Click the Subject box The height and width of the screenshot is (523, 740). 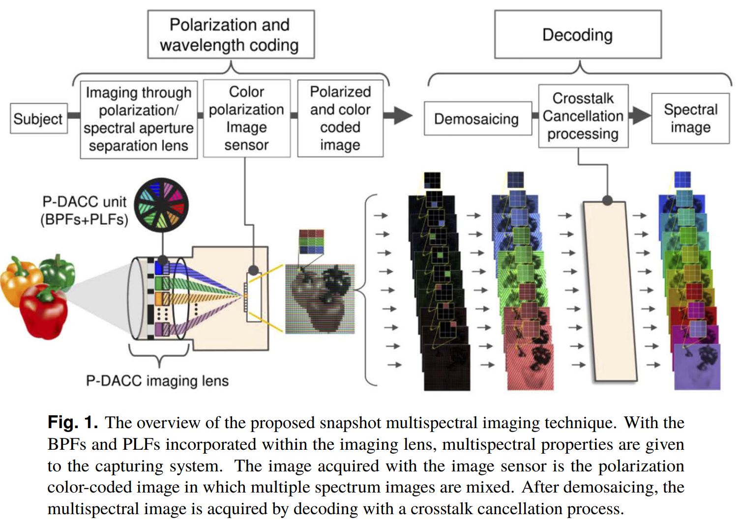tap(38, 118)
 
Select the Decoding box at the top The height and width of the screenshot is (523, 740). tap(577, 35)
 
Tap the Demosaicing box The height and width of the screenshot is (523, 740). tap(477, 119)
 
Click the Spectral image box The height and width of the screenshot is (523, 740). tap(690, 118)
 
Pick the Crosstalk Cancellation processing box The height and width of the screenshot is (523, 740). tap(583, 116)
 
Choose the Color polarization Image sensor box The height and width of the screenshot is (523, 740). tap(246, 118)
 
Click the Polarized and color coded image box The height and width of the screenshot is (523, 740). tap(340, 118)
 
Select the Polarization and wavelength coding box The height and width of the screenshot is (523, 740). tap(230, 35)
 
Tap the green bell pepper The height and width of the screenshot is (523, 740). tap(58, 272)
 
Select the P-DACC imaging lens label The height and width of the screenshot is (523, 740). tap(157, 381)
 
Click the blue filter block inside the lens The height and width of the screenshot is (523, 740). tap(159, 267)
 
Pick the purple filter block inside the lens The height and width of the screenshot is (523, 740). tap(159, 329)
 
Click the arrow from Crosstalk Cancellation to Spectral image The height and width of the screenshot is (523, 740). tap(640, 116)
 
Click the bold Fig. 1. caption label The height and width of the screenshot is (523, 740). tap(73, 423)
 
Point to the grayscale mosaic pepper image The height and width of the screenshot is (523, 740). tap(320, 298)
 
